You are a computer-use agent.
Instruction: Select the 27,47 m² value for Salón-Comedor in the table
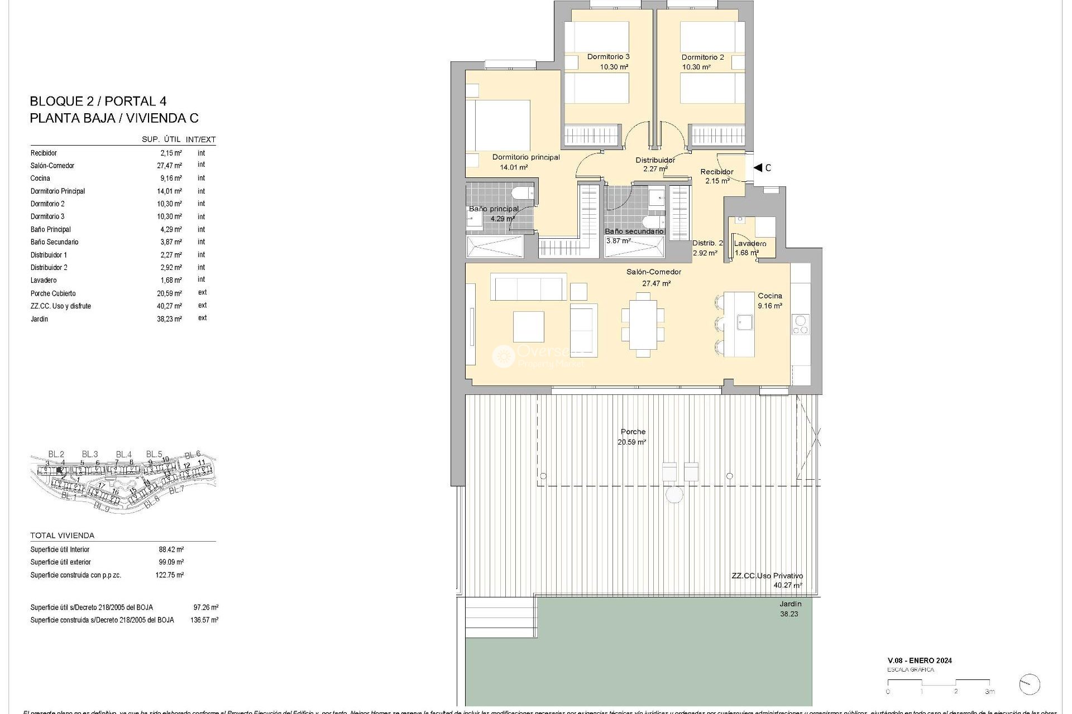coord(169,166)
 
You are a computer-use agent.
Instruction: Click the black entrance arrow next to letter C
coord(758,167)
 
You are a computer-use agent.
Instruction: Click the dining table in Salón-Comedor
coord(643,325)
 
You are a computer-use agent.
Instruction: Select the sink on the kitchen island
coord(744,322)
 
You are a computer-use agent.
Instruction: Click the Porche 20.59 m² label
coord(632,437)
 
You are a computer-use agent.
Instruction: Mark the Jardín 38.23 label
coord(790,609)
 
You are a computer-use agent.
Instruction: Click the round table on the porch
coord(674,494)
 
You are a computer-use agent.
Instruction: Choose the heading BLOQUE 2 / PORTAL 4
coord(98,102)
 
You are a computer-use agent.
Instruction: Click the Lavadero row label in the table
coord(44,281)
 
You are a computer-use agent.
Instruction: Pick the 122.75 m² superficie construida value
coord(169,575)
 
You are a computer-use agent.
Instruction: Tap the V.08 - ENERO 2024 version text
coord(919,660)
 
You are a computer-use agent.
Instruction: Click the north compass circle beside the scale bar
coord(1030,684)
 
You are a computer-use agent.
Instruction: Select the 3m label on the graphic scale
coord(989,692)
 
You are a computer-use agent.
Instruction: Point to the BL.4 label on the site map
coord(123,455)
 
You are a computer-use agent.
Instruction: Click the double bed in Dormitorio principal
coord(499,126)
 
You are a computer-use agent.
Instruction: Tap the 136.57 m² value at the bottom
coord(204,620)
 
